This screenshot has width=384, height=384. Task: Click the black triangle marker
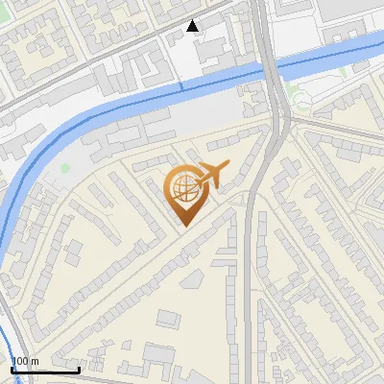point(194,26)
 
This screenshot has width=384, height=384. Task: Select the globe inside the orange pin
point(182,189)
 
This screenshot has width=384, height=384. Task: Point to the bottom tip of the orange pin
point(183,225)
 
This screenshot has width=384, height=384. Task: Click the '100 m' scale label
point(25,361)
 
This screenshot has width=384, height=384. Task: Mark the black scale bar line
point(45,370)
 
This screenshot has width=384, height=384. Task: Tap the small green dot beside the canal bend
point(65,169)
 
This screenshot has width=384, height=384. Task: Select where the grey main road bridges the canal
point(272,69)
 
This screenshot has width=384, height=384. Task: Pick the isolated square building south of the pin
point(169,318)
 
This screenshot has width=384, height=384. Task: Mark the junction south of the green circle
point(284,119)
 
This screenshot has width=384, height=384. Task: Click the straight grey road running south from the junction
point(252,288)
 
